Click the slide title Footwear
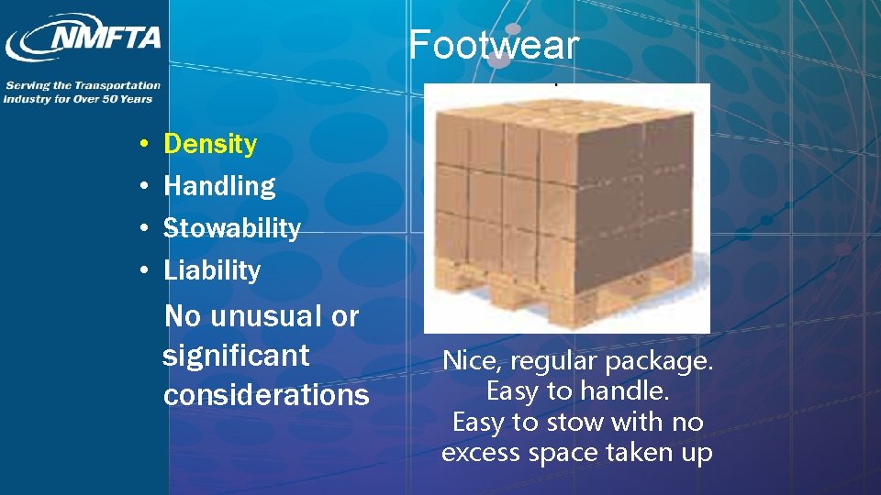[x=494, y=44]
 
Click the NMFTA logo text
[x=106, y=38]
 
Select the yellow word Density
[x=210, y=144]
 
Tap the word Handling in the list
[x=219, y=186]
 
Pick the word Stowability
[x=231, y=228]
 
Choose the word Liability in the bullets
[x=212, y=270]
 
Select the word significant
[x=236, y=355]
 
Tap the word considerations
[x=266, y=395]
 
